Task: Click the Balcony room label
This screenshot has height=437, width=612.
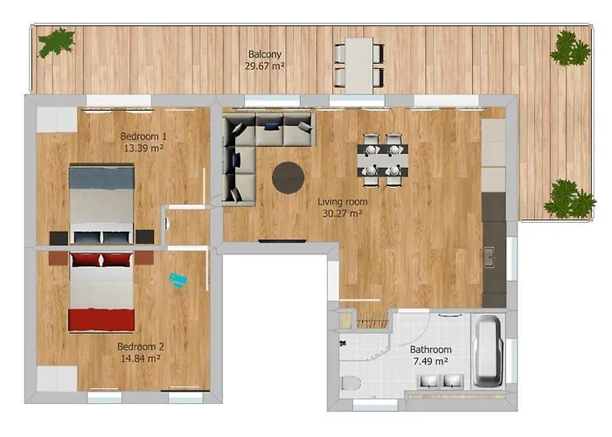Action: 265,54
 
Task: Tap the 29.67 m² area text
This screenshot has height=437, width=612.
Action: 265,66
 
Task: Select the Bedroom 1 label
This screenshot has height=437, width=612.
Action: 143,136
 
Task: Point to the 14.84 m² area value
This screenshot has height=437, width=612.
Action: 140,358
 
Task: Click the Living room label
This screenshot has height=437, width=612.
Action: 343,202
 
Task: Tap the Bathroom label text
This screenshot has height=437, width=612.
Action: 430,350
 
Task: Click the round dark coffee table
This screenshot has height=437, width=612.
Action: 288,177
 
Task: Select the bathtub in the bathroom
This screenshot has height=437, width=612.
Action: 487,352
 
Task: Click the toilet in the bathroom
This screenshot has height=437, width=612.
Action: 351,384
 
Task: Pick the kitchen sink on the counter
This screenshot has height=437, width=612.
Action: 490,257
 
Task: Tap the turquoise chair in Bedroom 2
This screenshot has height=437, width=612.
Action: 178,280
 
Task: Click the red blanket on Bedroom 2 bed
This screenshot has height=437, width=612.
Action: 101,320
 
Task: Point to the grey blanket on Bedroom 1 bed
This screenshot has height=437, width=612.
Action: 101,178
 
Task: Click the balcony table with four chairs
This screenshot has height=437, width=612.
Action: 359,66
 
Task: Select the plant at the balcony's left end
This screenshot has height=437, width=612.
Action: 56,43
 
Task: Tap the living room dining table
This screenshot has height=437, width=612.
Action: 383,160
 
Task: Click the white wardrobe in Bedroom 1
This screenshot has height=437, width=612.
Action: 57,120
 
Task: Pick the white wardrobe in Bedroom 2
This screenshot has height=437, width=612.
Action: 57,378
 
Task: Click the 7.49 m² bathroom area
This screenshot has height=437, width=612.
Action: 430,361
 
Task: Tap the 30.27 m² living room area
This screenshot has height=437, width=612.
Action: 343,213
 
